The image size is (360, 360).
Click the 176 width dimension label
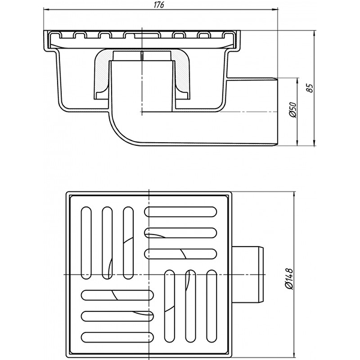[x=159, y=5]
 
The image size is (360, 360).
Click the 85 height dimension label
[x=310, y=88]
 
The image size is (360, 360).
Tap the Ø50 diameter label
[x=293, y=110]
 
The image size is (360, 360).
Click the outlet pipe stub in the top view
[x=248, y=274]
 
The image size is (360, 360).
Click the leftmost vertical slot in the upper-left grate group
[x=86, y=243]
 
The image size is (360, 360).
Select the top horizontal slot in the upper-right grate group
[x=181, y=211]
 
